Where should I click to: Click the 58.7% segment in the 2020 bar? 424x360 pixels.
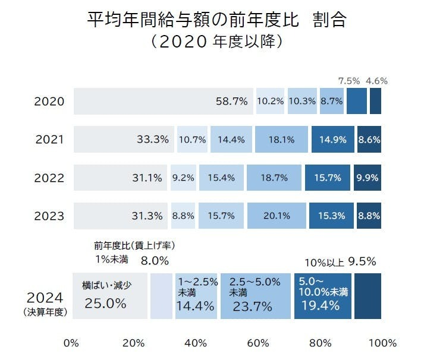(164, 101)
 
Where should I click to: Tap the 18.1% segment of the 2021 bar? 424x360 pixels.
(281, 140)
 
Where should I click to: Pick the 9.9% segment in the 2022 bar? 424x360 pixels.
(368, 178)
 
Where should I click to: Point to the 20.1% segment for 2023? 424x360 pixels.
(277, 216)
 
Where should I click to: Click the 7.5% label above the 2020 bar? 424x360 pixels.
(349, 81)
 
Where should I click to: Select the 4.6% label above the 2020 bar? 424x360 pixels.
(377, 81)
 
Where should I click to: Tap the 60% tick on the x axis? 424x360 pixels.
(258, 343)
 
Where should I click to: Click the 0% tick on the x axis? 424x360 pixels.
(71, 343)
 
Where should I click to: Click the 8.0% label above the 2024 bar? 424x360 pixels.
(155, 260)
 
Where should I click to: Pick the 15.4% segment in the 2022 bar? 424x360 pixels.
(221, 178)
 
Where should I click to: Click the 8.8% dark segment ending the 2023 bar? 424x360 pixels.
(369, 216)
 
